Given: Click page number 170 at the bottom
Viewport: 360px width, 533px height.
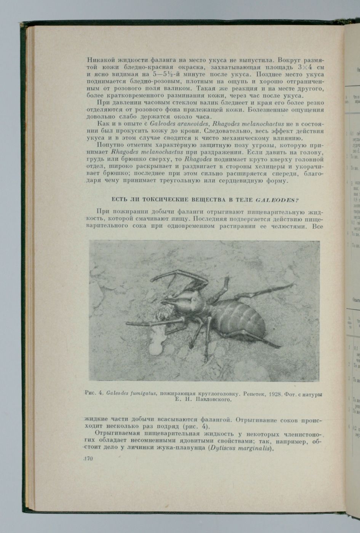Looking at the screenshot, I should [88, 459].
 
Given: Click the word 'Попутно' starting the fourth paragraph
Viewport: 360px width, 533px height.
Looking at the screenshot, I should [110, 145].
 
